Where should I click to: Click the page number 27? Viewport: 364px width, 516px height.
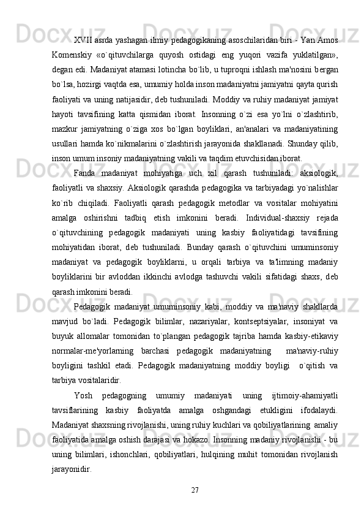[194, 488]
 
